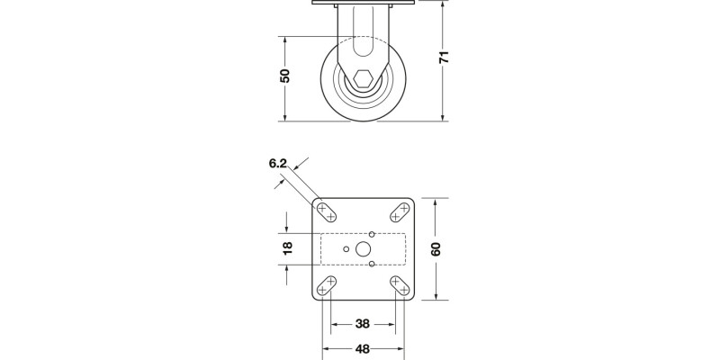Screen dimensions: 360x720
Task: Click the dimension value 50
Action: tap(285, 76)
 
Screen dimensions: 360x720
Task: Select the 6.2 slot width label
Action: tap(277, 164)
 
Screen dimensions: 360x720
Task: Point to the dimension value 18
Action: tap(288, 248)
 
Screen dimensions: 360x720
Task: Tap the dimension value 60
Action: tap(436, 249)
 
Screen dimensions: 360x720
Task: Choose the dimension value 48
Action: tap(363, 349)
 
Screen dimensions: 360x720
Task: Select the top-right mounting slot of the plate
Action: tap(400, 211)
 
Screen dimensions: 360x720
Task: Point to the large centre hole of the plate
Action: tap(364, 248)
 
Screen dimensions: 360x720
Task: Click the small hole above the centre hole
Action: tap(372, 233)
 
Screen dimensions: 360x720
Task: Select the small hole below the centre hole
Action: tap(372, 264)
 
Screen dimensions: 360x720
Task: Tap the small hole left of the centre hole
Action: tap(346, 248)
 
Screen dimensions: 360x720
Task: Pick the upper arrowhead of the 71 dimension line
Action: tap(445, 3)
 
